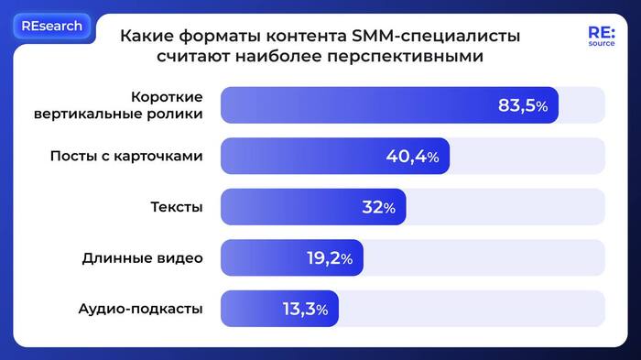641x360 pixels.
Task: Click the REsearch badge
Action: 52,27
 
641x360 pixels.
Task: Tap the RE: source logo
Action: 601,36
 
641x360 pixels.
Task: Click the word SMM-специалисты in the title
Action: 449,37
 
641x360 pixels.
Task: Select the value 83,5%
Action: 522,105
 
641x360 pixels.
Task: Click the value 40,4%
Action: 412,157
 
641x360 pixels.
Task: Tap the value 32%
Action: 378,207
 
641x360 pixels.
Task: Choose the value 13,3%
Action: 305,310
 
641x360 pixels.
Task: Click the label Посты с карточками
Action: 125,156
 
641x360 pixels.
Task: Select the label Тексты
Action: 176,207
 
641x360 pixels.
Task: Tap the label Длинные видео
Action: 142,258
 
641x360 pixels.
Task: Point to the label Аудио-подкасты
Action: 140,310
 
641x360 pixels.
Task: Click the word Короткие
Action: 167,96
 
